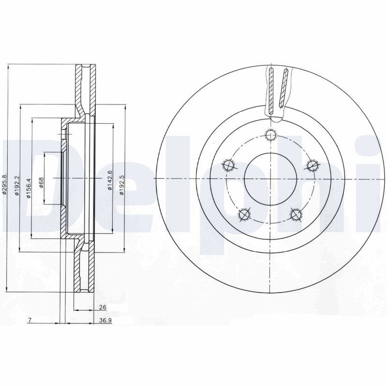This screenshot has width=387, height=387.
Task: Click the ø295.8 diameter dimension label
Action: pos(4,184)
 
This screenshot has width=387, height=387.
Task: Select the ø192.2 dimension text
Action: pos(17,186)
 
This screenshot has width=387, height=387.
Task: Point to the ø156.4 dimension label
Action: pos(29,188)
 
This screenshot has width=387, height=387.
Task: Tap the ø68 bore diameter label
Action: pos(41,182)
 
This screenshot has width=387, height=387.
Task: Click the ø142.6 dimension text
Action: pos(110,180)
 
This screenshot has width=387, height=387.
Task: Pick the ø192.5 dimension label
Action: pos(121,186)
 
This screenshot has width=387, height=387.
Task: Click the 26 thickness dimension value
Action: pos(103,307)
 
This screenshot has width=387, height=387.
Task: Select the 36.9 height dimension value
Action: pos(105,320)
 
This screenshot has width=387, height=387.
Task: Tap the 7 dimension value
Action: pos(30,320)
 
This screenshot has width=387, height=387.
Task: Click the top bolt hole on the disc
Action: pos(270,135)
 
